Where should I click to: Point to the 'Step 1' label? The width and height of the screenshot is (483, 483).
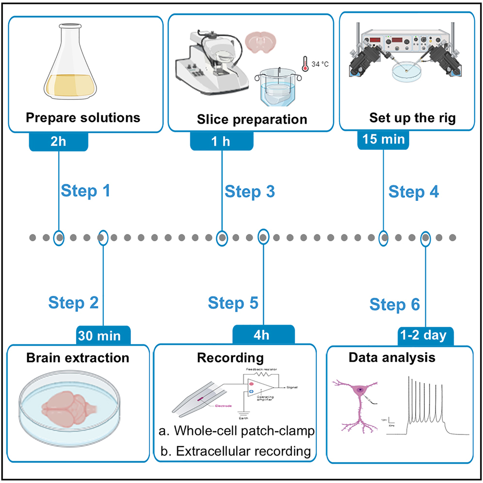pos(85,191)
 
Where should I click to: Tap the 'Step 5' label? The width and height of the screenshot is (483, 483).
pos(233,303)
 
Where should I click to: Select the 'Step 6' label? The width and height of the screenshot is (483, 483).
pos(395,305)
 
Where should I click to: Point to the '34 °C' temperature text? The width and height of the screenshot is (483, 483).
pos(320,64)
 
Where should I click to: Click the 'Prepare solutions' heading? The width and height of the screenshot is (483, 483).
pos(83,117)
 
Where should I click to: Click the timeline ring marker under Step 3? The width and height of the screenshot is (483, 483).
pos(222,238)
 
